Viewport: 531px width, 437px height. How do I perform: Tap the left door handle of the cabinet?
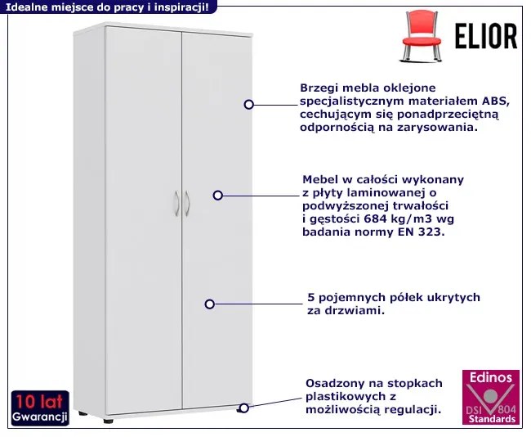[x=176, y=204]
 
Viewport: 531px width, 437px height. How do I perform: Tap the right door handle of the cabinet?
[x=187, y=204]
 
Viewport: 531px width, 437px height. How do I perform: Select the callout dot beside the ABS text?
[x=249, y=105]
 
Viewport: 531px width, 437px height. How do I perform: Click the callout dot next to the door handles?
[x=218, y=195]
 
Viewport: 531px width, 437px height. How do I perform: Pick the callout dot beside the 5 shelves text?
[x=210, y=304]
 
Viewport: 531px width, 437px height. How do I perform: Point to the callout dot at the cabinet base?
[x=243, y=407]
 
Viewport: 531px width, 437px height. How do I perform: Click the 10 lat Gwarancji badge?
[x=39, y=408]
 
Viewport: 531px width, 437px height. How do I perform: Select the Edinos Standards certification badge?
[x=490, y=397]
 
